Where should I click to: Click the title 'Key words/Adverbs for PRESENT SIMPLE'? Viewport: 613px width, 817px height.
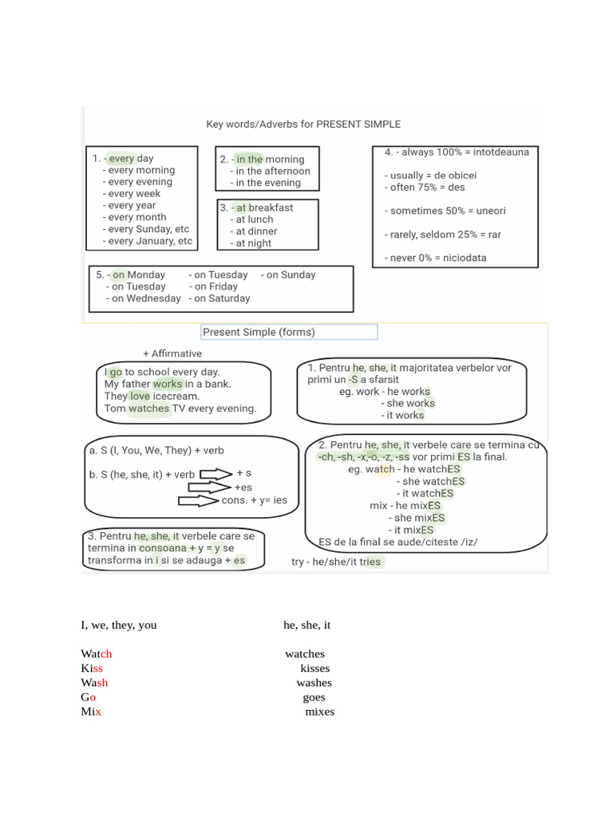click(x=303, y=124)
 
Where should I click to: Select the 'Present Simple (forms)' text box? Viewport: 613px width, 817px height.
click(x=288, y=332)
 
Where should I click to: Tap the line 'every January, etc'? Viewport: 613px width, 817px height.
click(x=150, y=241)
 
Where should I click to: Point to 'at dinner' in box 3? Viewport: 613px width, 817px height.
click(x=256, y=231)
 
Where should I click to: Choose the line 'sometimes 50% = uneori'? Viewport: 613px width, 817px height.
click(x=447, y=211)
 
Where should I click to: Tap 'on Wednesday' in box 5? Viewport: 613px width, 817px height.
click(x=146, y=298)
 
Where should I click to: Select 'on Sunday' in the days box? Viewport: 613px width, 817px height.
click(x=291, y=274)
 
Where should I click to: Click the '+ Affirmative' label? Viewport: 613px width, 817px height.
click(x=172, y=353)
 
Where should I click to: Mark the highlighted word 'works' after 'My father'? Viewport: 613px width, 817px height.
click(x=168, y=384)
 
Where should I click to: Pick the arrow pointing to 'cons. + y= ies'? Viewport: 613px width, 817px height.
click(x=199, y=501)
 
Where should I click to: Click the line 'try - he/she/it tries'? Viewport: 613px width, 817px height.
click(x=336, y=562)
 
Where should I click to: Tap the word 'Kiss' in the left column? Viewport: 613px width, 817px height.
click(x=92, y=668)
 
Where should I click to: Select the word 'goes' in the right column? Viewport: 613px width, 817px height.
click(x=314, y=697)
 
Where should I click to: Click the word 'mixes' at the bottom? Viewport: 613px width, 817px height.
click(x=319, y=711)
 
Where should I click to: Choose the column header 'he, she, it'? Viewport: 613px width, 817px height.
click(x=306, y=625)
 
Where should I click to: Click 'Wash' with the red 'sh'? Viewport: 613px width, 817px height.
click(x=94, y=682)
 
